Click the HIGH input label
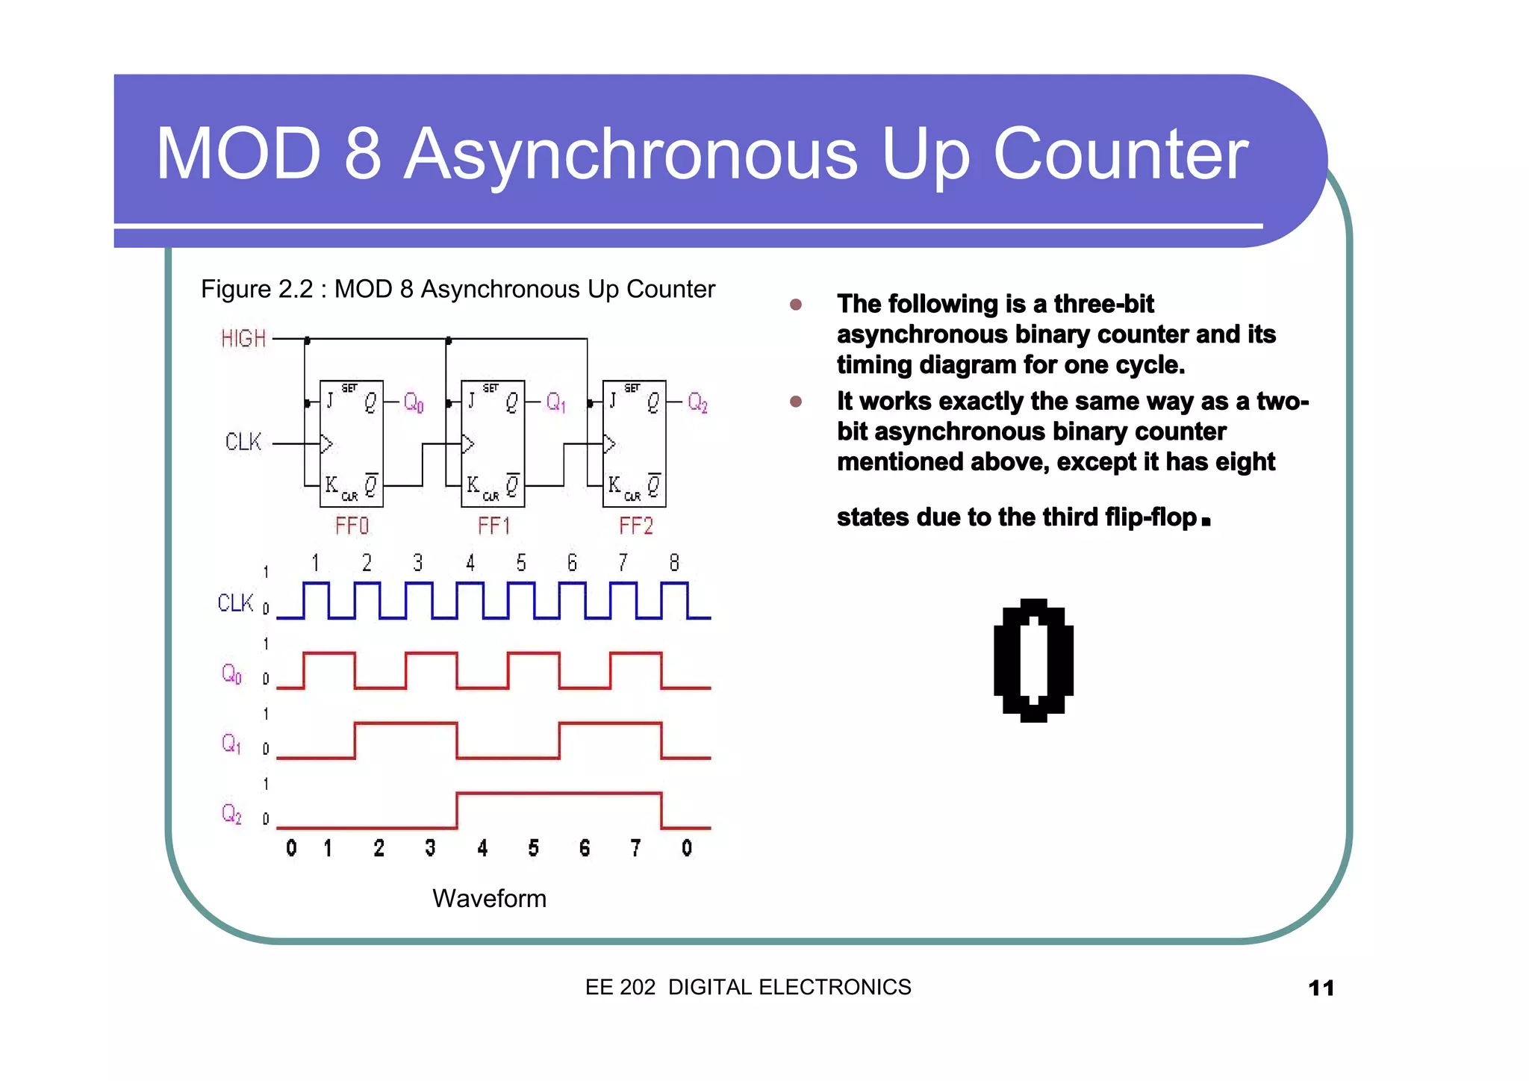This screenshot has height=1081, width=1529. pyautogui.click(x=243, y=339)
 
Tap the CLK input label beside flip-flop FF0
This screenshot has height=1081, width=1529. pyautogui.click(x=243, y=442)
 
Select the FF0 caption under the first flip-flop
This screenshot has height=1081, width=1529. pyautogui.click(x=352, y=526)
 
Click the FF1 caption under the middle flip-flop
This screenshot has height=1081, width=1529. pyautogui.click(x=493, y=526)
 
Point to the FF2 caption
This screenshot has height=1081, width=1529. pyautogui.click(x=635, y=526)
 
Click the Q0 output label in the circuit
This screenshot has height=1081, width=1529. pyautogui.click(x=414, y=403)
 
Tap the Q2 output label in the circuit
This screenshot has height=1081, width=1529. pyautogui.click(x=697, y=403)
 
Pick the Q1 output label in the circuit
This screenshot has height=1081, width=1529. pyautogui.click(x=555, y=403)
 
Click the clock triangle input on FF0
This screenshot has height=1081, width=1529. pyautogui.click(x=326, y=444)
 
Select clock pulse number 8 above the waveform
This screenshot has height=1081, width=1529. pyautogui.click(x=674, y=563)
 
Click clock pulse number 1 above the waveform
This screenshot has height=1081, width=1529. pyautogui.click(x=315, y=563)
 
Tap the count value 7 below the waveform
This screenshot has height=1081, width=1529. pyautogui.click(x=635, y=848)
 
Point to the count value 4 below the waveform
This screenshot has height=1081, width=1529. pyautogui.click(x=482, y=848)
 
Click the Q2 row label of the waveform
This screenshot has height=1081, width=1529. pyautogui.click(x=231, y=814)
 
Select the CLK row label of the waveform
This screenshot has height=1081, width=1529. pyautogui.click(x=236, y=603)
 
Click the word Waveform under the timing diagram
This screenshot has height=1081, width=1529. pyautogui.click(x=489, y=898)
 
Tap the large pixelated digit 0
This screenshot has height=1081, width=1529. pyautogui.click(x=1034, y=660)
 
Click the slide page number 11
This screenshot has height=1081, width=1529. pyautogui.click(x=1321, y=988)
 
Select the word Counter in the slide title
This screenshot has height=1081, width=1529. pyautogui.click(x=1121, y=155)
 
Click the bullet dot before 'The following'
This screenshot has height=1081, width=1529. pyautogui.click(x=796, y=305)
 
